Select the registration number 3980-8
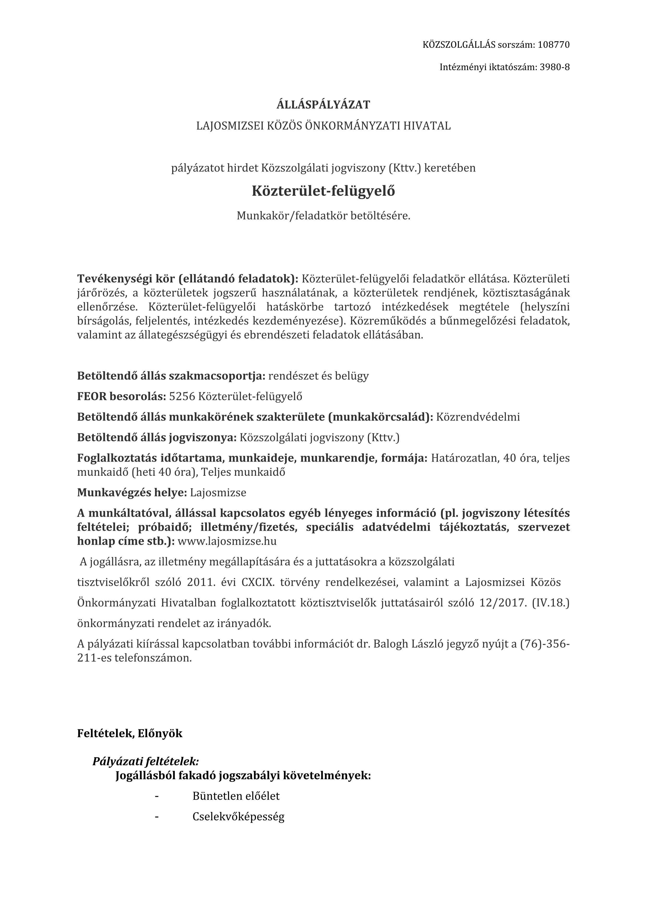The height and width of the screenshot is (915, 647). pos(554,67)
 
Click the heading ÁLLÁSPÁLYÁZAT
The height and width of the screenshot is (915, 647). pos(323,105)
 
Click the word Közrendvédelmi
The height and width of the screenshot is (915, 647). pos(478,417)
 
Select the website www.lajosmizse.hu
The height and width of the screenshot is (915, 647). pos(227,541)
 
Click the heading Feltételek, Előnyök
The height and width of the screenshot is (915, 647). pos(130,733)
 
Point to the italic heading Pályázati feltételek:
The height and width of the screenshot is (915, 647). pos(146,762)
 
